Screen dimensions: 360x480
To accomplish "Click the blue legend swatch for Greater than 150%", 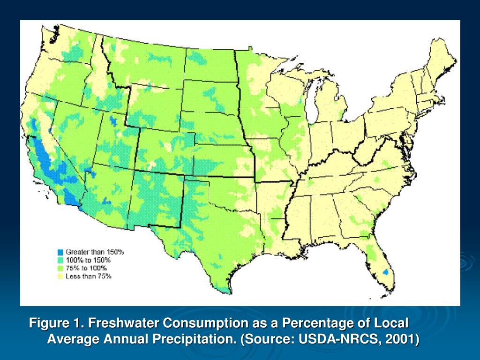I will point(60,252).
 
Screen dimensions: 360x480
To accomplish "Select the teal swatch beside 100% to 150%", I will point(60,260).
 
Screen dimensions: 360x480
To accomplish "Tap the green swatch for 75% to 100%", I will point(60,268).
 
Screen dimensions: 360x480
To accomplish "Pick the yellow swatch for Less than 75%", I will point(60,276).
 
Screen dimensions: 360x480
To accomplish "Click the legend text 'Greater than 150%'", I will point(94,252).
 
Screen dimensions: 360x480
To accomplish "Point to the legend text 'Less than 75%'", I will point(89,276).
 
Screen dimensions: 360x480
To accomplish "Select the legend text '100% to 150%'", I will point(88,260).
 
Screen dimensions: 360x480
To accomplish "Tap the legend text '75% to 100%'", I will point(87,268).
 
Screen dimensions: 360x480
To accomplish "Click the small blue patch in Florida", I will point(386,272).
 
